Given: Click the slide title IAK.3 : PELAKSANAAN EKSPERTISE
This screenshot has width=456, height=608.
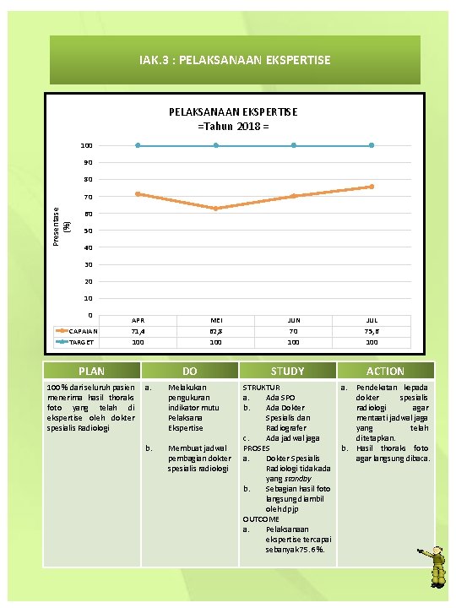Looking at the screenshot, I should [235, 60].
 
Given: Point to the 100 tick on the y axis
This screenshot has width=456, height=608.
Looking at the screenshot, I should [86, 145].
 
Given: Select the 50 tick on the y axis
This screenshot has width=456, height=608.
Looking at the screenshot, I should [88, 231].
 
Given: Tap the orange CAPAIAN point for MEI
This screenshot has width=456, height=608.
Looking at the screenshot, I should [215, 209].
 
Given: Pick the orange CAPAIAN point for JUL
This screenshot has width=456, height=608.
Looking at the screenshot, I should [372, 187].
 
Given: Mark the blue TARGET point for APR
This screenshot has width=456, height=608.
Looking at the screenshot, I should [138, 145].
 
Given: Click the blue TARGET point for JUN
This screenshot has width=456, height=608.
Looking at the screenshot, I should [294, 145].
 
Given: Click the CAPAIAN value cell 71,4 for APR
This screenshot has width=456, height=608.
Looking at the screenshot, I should [138, 332].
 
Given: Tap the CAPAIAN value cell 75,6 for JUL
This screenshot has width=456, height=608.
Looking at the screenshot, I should [372, 332].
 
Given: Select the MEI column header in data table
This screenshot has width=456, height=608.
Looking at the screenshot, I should [215, 321].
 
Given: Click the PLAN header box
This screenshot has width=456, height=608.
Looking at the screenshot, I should [92, 371].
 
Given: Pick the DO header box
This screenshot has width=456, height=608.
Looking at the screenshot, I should [190, 371].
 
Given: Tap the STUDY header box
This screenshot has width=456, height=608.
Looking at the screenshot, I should [287, 371].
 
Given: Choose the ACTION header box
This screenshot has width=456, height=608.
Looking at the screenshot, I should [385, 371].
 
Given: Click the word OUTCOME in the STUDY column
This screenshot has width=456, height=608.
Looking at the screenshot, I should [261, 518].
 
